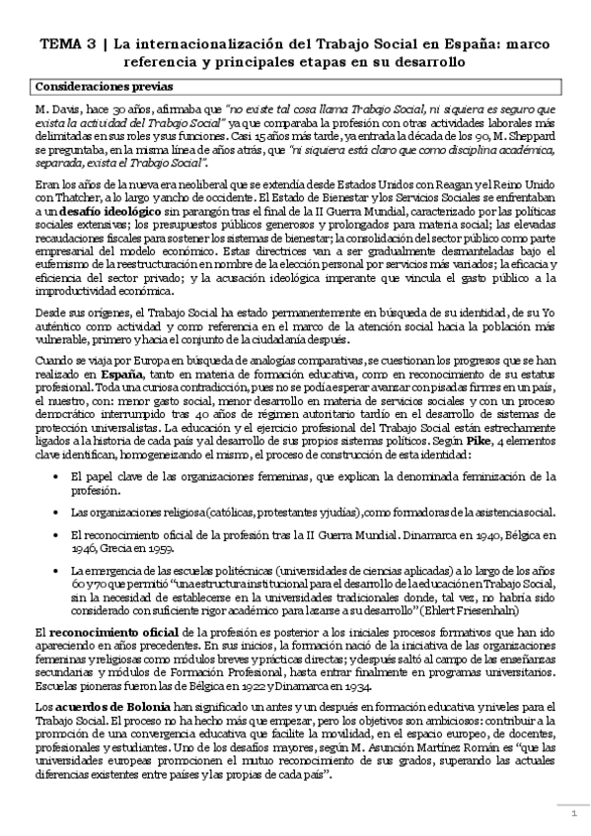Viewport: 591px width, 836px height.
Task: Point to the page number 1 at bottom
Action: click(x=571, y=812)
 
